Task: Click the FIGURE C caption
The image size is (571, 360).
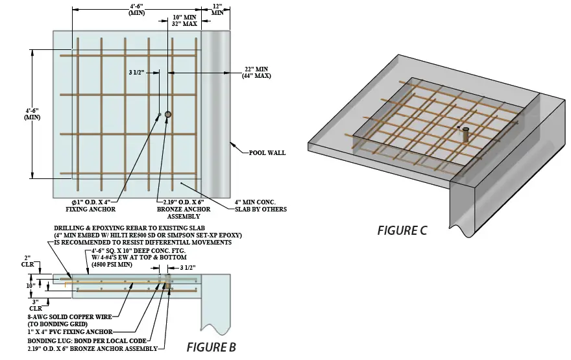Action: click(402, 231)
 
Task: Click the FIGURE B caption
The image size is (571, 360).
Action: click(211, 347)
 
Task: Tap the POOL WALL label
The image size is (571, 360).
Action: click(267, 153)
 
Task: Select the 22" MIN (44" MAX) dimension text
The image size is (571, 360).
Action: click(256, 73)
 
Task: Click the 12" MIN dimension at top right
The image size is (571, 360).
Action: click(217, 8)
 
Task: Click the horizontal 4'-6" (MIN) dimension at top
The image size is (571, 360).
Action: click(136, 8)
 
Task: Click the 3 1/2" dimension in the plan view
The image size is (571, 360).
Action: click(138, 73)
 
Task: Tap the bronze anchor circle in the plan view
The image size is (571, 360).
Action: click(168, 115)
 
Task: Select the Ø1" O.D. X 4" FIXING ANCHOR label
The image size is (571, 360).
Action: click(91, 206)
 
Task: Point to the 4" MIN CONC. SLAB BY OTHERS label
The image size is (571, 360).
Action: click(260, 206)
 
